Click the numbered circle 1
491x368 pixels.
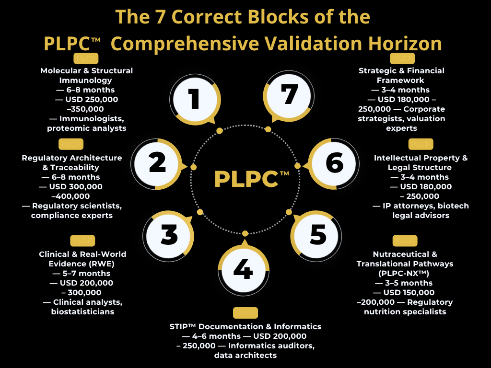[194, 100]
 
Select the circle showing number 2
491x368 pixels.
[157, 164]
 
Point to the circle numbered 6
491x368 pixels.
[334, 164]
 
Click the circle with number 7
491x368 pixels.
[289, 96]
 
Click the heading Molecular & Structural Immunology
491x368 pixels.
[86, 75]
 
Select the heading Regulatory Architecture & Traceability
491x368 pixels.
[72, 162]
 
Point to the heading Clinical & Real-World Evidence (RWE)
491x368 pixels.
[77, 259]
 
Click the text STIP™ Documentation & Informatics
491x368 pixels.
[245, 326]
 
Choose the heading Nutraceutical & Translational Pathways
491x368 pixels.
[405, 259]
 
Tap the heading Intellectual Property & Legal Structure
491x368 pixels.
[421, 162]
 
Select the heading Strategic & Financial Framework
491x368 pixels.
[401, 75]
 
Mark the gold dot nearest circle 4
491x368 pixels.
[245, 233]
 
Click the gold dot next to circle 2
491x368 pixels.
[194, 167]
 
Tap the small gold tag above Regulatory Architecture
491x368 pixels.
[71, 144]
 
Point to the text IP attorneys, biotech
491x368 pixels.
[421, 206]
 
